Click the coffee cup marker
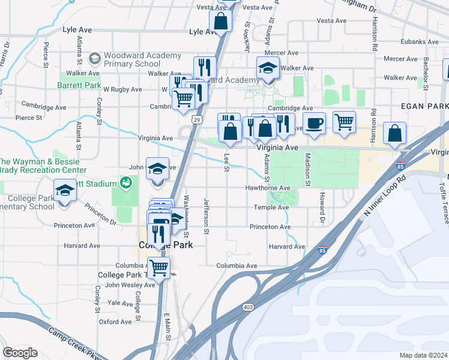[315, 124]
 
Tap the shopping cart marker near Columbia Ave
[158, 267]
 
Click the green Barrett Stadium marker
[125, 182]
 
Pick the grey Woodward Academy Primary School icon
[94, 58]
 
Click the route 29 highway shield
[197, 120]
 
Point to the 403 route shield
[248, 307]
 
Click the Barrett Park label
[79, 86]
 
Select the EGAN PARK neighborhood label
[424, 105]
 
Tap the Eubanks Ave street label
[420, 42]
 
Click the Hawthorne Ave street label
[268, 188]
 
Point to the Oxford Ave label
[115, 322]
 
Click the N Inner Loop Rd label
[385, 196]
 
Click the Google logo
[20, 353]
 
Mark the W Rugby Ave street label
[122, 89]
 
